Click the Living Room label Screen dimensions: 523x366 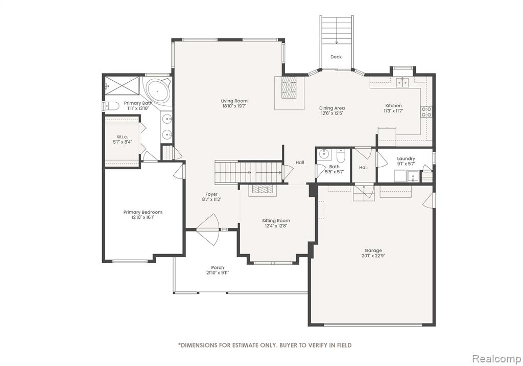pos(234,101)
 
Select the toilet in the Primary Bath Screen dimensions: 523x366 pos(111,106)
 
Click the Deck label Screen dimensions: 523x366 pos(336,57)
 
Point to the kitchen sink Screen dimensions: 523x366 pos(402,82)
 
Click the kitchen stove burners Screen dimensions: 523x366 pos(426,112)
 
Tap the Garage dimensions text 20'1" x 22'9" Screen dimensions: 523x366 pos(373,256)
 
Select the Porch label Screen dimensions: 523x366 pos(218,267)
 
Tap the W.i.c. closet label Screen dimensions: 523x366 pos(122,137)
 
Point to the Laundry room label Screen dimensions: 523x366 pos(406,158)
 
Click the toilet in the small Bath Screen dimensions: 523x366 pos(341,156)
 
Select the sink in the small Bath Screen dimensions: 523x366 pos(324,154)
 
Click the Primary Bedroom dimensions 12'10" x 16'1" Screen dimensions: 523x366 pos(143,217)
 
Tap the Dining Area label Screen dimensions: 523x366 pos(332,108)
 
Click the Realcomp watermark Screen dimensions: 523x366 pos(496,359)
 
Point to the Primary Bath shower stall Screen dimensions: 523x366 pos(122,85)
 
